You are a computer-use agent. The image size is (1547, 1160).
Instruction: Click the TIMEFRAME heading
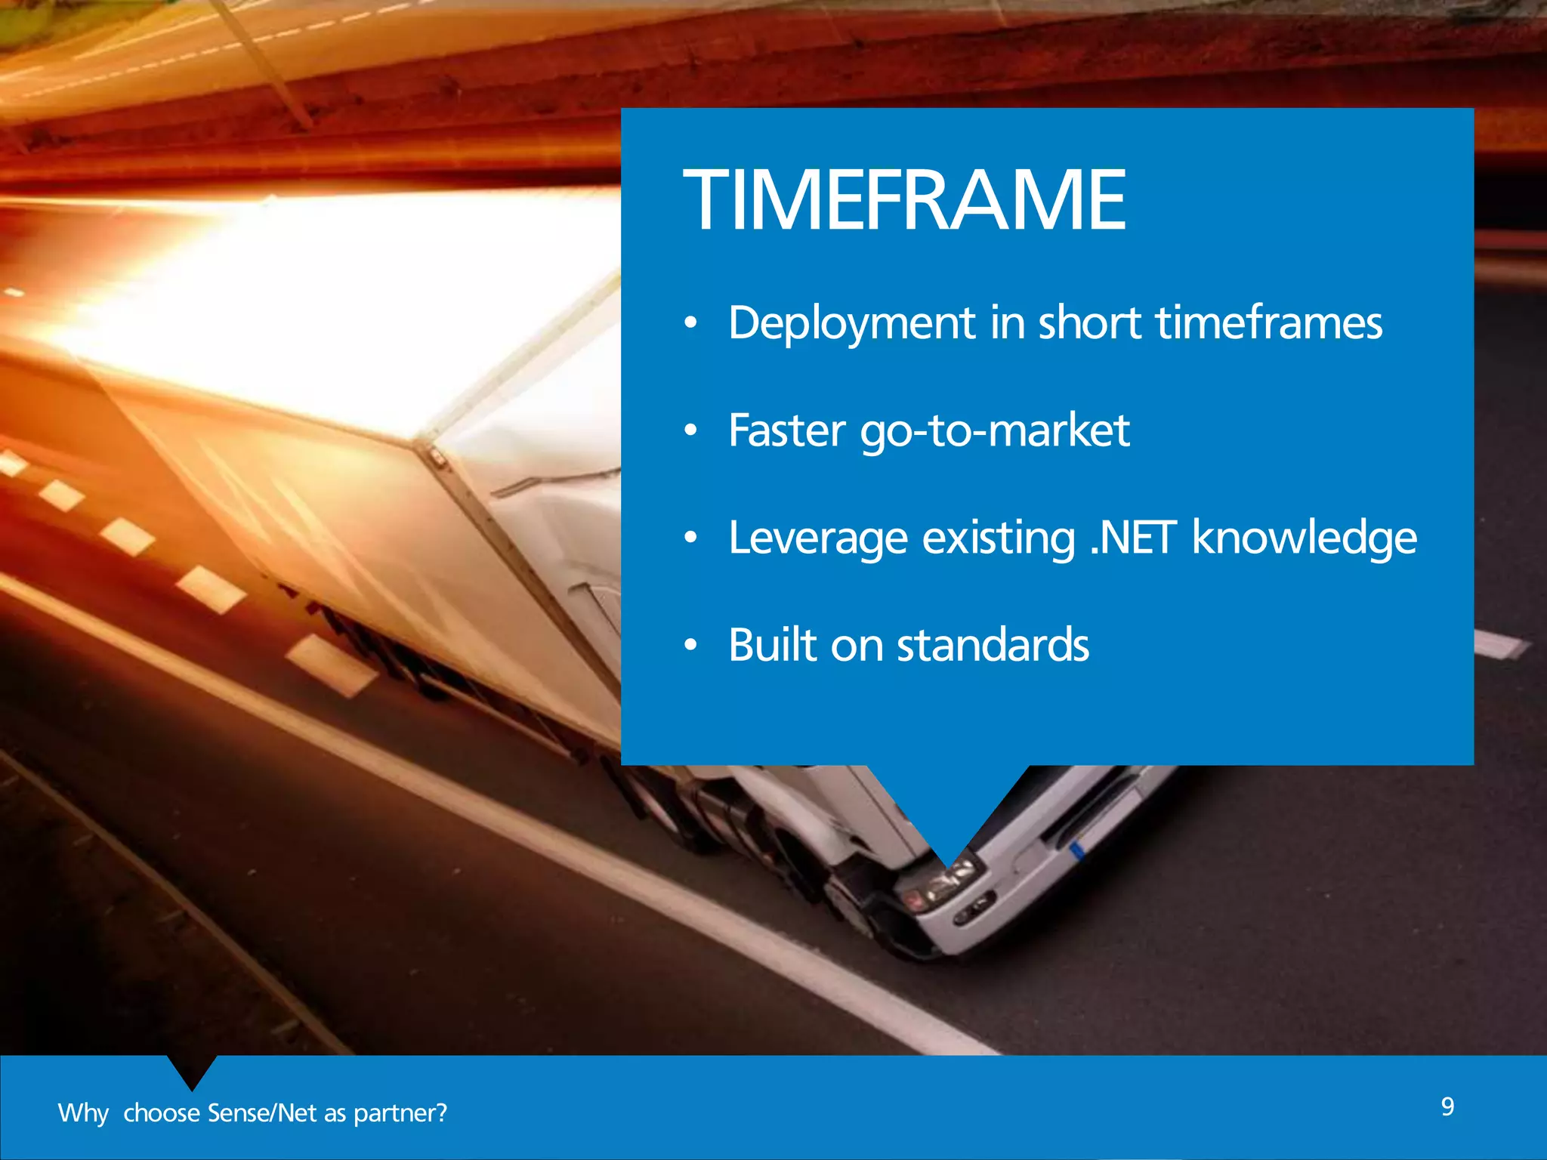point(904,200)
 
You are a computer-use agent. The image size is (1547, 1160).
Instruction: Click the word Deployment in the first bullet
point(852,323)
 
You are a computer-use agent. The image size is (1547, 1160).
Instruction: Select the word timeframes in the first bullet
point(1269,322)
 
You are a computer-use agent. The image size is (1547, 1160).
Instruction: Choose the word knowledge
point(1305,539)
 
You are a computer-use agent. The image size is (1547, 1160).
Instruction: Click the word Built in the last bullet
point(773,645)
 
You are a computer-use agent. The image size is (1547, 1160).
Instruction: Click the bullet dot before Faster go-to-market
point(690,431)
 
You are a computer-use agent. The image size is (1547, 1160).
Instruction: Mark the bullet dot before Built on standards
point(690,646)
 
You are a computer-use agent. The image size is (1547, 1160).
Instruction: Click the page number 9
point(1447,1106)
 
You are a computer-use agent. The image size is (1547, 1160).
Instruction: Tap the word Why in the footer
point(83,1113)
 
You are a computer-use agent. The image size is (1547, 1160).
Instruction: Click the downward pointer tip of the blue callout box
point(948,861)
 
